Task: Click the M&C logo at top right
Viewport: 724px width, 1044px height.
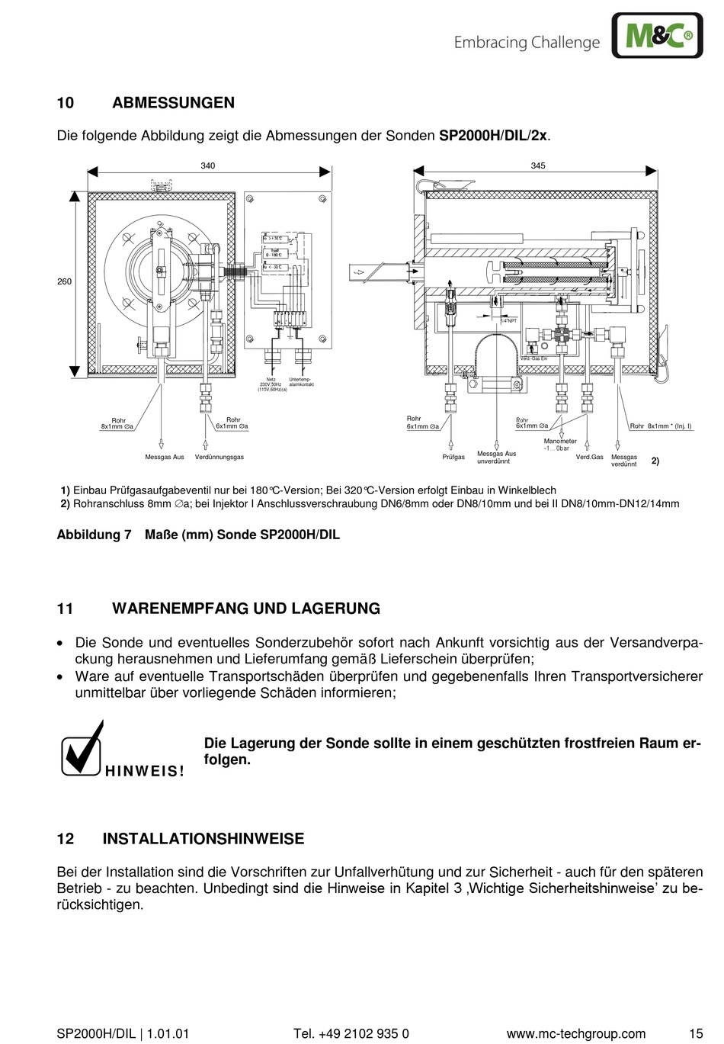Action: [x=657, y=35]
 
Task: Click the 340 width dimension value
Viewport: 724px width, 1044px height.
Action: [x=208, y=165]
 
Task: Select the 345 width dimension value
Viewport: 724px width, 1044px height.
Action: [x=538, y=165]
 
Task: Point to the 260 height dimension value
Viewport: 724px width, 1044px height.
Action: [x=64, y=281]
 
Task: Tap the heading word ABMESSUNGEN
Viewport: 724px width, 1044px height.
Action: [x=173, y=103]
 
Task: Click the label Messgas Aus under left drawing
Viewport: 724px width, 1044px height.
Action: [x=165, y=457]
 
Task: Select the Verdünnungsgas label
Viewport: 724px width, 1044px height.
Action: [x=219, y=457]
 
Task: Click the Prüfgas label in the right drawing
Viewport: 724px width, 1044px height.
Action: [x=453, y=457]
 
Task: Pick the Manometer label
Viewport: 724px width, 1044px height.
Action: [x=560, y=442]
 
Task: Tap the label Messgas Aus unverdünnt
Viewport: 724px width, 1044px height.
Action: [x=496, y=458]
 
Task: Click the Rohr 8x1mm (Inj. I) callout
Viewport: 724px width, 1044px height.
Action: [x=660, y=426]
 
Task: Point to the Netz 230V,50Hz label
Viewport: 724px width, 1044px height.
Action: [x=271, y=384]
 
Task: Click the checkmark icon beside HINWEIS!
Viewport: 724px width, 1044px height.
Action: [x=82, y=749]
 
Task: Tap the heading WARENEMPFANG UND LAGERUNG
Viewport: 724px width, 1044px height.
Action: [x=245, y=609]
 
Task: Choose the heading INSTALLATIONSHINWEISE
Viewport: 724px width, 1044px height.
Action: [x=203, y=839]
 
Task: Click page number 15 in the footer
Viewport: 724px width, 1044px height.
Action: [x=696, y=1034]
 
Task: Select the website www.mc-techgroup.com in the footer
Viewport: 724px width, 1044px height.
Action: [x=575, y=1034]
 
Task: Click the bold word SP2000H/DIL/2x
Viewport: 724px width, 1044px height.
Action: [x=493, y=136]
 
